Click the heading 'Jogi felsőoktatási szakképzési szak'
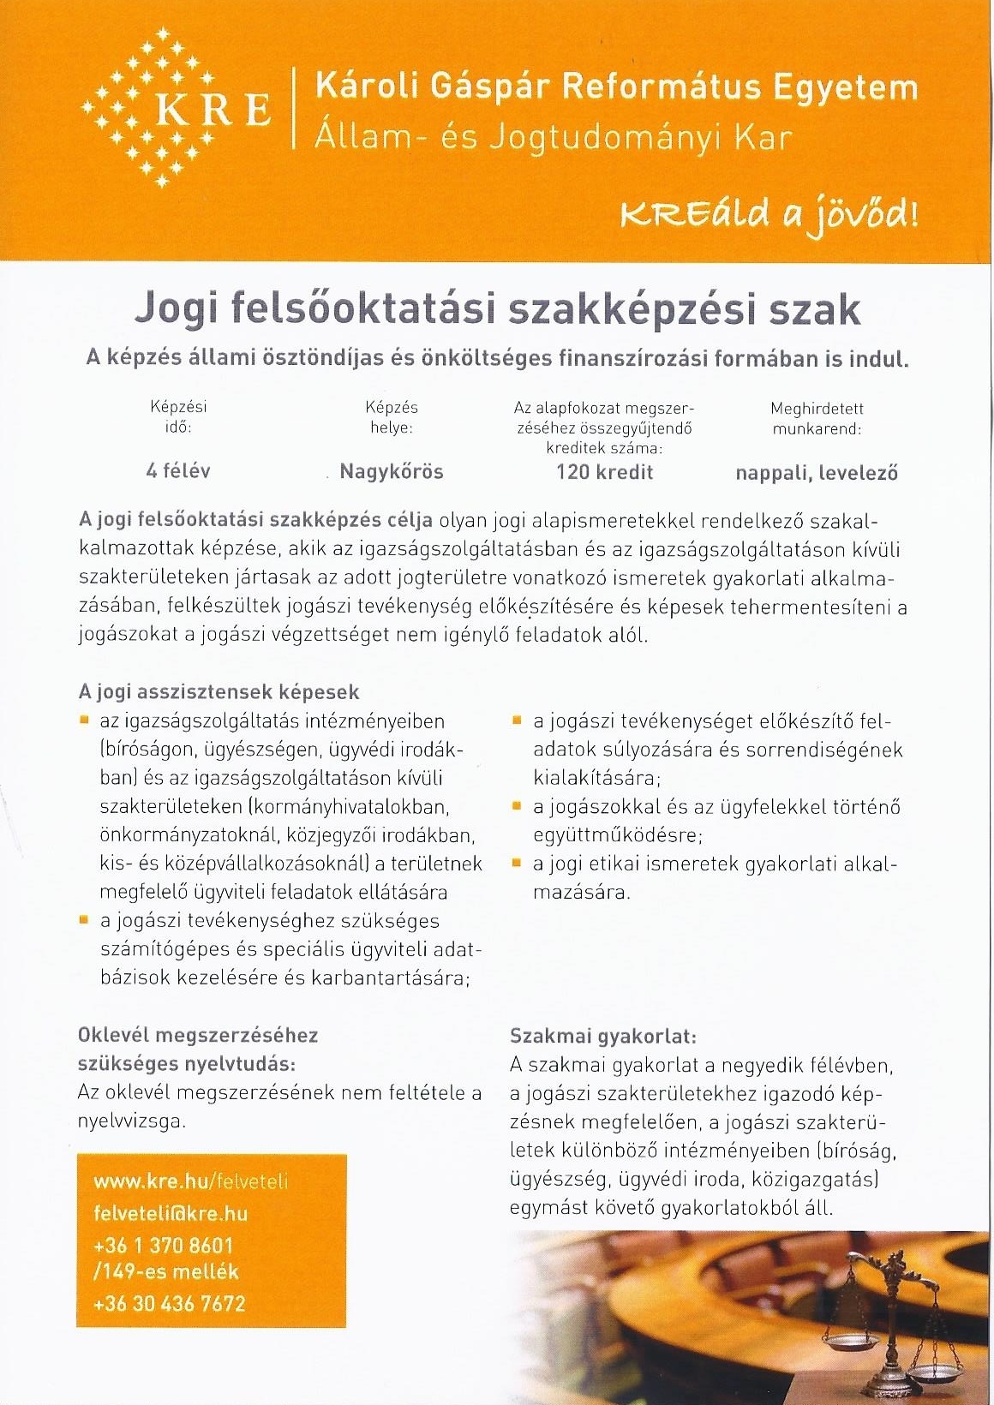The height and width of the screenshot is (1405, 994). click(x=497, y=309)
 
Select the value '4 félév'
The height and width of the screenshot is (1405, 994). click(x=177, y=470)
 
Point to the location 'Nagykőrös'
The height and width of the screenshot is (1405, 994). click(x=392, y=471)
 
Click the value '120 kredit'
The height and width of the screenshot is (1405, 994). click(x=604, y=472)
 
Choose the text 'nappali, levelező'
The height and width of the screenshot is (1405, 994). click(x=816, y=473)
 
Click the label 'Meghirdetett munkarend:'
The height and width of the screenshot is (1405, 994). click(x=816, y=419)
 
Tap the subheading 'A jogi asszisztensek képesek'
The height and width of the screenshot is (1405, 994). click(x=219, y=692)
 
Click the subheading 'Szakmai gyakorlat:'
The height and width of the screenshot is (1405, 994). click(x=603, y=1036)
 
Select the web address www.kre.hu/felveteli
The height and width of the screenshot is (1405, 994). click(x=190, y=1182)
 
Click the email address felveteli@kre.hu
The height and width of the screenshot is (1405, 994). click(x=171, y=1213)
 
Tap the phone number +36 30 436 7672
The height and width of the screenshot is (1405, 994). click(x=170, y=1304)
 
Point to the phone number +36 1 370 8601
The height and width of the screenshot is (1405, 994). click(x=163, y=1245)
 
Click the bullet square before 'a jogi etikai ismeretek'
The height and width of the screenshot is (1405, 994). click(x=517, y=864)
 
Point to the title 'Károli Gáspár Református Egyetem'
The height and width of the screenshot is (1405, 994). click(x=616, y=87)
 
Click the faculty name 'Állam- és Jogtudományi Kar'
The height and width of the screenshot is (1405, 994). click(x=554, y=137)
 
